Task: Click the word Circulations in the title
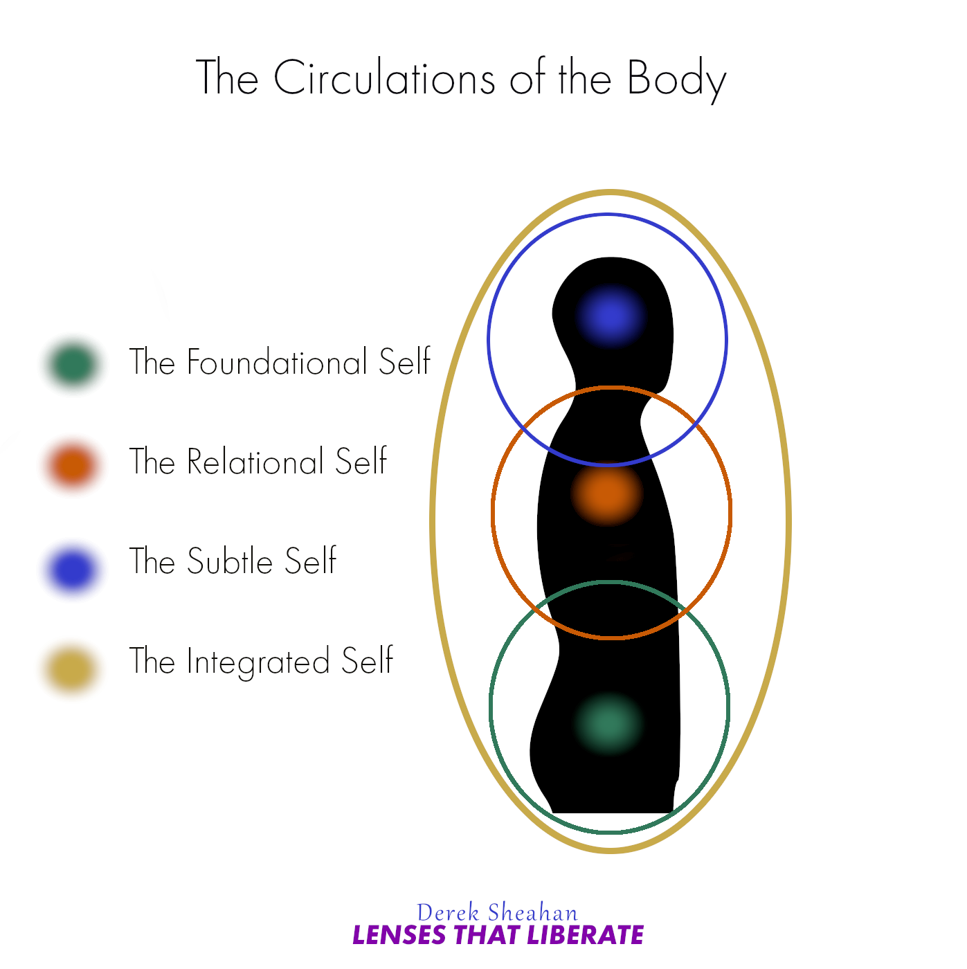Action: (x=384, y=77)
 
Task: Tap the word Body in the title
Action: (x=676, y=78)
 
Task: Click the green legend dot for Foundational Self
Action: (x=73, y=363)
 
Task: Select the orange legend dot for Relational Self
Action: (x=72, y=464)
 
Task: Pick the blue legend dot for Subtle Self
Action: (x=72, y=568)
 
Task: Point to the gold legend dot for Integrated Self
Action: (x=71, y=669)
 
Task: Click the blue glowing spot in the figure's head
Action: (x=610, y=316)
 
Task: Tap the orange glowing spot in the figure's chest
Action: (x=607, y=493)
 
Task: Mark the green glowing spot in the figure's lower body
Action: (x=608, y=723)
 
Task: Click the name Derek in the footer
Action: (x=448, y=912)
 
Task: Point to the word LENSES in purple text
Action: (x=399, y=935)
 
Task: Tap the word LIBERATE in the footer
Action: (x=585, y=935)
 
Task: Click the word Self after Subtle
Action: (x=311, y=561)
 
